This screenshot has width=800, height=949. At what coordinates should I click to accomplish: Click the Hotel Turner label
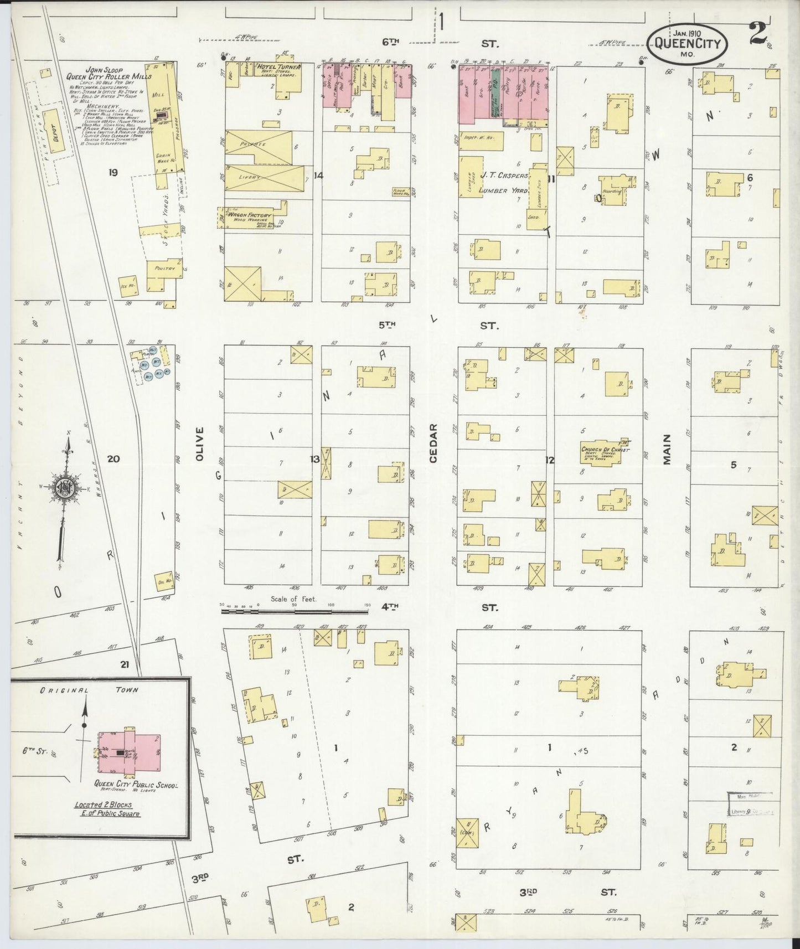pos(279,68)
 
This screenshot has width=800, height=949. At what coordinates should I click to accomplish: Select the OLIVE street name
pos(199,443)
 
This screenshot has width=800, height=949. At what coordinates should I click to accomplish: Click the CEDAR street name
pos(433,442)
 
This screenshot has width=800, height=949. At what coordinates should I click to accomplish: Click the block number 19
pos(113,173)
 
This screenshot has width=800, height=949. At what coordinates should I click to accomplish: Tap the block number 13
pos(315,459)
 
